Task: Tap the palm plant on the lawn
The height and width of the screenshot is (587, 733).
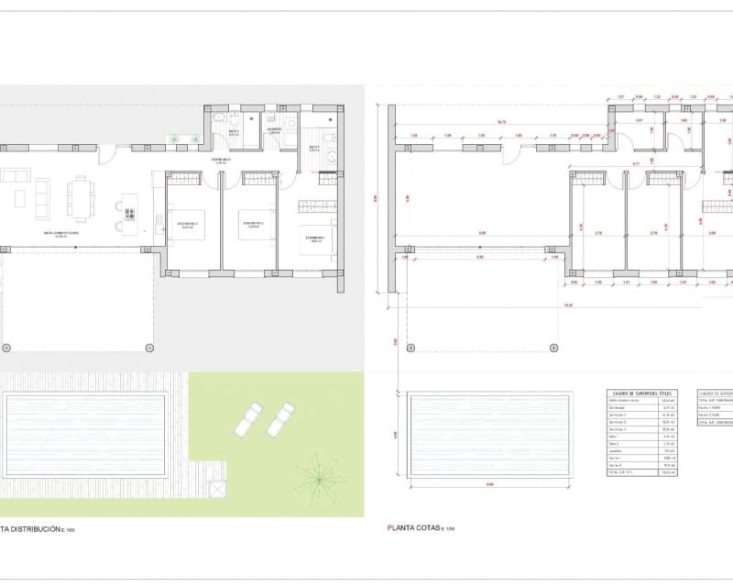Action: pyautogui.click(x=318, y=474)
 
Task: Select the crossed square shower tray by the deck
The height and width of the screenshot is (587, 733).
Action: pyautogui.click(x=216, y=490)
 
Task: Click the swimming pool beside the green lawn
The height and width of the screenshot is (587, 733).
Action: pyautogui.click(x=84, y=436)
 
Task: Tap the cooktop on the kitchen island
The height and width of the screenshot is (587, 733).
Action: pyautogui.click(x=130, y=215)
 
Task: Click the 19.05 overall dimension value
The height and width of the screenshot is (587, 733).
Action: pyautogui.click(x=568, y=305)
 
